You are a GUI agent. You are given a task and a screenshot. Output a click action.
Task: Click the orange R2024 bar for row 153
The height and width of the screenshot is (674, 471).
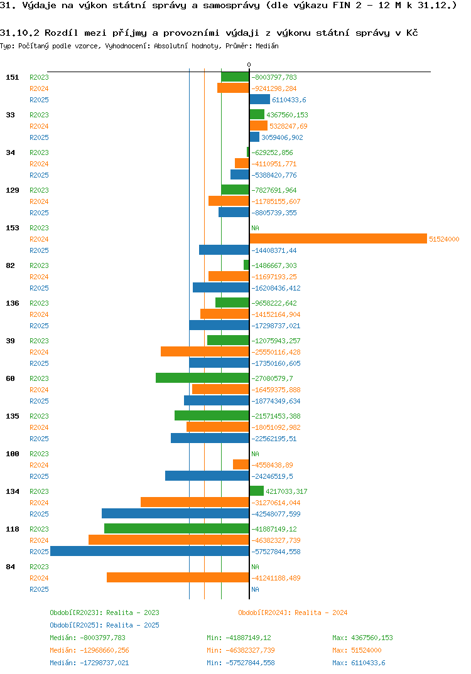click(x=338, y=238)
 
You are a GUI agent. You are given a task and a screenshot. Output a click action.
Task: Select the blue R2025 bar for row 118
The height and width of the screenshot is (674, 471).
click(x=149, y=551)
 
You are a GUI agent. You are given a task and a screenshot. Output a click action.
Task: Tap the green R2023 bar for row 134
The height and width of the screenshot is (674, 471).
click(x=256, y=491)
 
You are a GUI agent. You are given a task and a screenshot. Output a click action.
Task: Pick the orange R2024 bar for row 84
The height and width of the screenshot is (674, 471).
click(x=178, y=577)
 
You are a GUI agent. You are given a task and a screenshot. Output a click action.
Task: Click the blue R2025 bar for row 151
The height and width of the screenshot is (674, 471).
click(x=259, y=99)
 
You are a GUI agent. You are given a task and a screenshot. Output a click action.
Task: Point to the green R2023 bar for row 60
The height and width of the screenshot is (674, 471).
click(x=202, y=378)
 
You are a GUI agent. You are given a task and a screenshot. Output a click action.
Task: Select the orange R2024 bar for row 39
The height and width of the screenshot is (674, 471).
click(x=205, y=351)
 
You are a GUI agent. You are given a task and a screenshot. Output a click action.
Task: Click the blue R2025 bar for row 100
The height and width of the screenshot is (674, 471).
click(x=207, y=476)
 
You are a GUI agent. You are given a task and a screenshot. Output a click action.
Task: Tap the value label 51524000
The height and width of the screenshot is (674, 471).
click(x=444, y=239)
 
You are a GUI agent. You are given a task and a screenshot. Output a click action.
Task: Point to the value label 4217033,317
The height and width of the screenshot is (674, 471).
click(x=287, y=491)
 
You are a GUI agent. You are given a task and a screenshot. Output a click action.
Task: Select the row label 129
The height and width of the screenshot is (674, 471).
click(x=12, y=190)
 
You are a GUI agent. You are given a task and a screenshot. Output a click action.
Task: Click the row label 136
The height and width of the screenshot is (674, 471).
click(x=12, y=303)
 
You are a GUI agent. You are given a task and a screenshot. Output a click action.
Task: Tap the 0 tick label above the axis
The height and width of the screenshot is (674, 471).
click(x=249, y=65)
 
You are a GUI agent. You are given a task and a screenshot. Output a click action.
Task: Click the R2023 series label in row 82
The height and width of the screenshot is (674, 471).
click(x=39, y=265)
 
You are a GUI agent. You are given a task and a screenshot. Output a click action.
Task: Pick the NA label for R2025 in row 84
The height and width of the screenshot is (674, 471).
click(x=255, y=589)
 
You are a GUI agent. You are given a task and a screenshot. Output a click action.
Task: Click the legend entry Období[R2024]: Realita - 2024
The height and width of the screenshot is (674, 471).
click(x=293, y=612)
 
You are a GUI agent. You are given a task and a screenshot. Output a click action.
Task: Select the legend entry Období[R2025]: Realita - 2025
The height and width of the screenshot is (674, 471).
click(x=104, y=625)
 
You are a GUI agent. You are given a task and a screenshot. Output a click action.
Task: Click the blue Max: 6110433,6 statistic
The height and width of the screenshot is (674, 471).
click(x=359, y=663)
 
